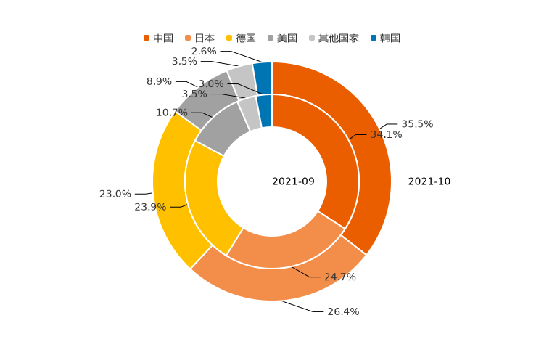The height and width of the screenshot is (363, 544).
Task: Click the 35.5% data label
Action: coord(417,124)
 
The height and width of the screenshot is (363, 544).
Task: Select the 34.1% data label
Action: coord(386,134)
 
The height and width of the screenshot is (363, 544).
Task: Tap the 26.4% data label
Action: coord(343,311)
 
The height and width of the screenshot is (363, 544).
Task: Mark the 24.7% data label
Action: coord(339,277)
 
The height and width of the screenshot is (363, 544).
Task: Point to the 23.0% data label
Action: coord(115,194)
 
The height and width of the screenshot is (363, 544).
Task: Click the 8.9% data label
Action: coord(159,81)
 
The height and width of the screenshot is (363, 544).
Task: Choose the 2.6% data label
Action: coord(204,52)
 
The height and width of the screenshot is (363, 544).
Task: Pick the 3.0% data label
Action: coord(211,84)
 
